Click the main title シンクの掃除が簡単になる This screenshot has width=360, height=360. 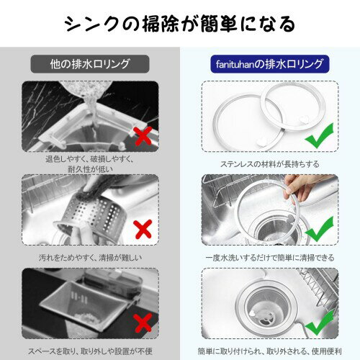[x=179, y=24]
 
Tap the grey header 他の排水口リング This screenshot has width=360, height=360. [x=90, y=64]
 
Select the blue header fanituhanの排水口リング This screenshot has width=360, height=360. [x=269, y=64]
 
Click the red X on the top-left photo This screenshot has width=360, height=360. [x=143, y=136]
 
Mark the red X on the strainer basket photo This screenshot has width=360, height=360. [x=143, y=229]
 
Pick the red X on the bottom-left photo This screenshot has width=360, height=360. [x=143, y=323]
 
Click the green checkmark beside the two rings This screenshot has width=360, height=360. [x=320, y=135]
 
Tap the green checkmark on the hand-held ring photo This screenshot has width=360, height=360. [x=320, y=229]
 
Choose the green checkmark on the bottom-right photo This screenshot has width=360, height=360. [x=320, y=323]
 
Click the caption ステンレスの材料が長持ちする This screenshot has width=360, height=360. [x=270, y=164]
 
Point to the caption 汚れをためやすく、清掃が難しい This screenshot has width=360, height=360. [x=90, y=258]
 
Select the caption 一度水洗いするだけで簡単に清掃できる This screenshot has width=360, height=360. [x=270, y=258]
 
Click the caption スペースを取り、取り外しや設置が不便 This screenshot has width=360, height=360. [x=90, y=351]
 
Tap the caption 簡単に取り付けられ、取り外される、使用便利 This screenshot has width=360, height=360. [x=270, y=351]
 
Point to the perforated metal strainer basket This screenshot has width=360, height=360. [x=96, y=216]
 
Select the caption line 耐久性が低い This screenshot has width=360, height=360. [x=90, y=169]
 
